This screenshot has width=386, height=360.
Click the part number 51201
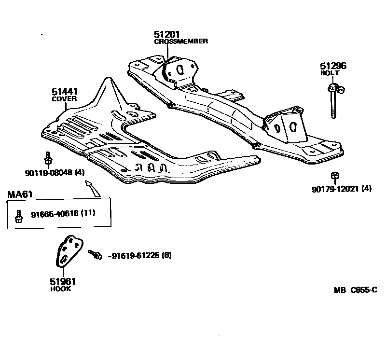pos(167,34)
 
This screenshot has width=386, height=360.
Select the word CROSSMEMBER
pos(181,42)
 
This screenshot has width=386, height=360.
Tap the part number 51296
pos(333,66)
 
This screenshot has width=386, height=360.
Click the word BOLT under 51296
pos(330,73)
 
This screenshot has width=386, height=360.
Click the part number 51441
pos(65,92)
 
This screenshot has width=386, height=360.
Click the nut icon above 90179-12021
pos(333,176)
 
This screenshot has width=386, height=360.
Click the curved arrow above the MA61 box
pos(93,188)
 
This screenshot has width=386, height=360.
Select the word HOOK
pos(60,289)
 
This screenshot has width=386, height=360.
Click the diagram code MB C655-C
pos(355,290)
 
